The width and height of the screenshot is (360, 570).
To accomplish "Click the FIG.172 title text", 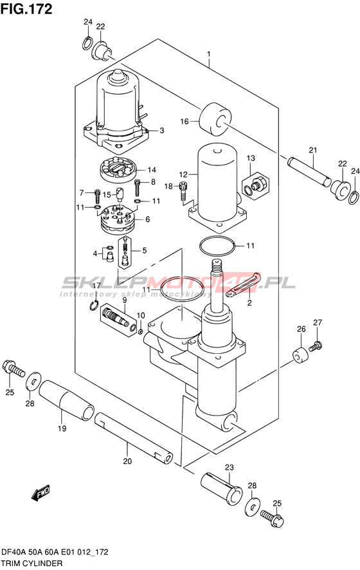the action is tap(26, 9).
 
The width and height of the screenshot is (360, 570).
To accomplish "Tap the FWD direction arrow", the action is tap(41, 492).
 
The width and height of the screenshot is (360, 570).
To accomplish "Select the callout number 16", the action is tap(185, 121).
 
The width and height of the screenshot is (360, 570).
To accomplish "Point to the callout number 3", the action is tap(161, 131).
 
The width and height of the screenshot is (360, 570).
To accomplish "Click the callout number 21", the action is tap(313, 150).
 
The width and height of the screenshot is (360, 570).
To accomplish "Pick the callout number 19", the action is tap(62, 428).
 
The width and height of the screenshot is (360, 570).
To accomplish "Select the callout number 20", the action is tap(127, 461).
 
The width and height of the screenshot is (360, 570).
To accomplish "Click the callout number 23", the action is tap(230, 467).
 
